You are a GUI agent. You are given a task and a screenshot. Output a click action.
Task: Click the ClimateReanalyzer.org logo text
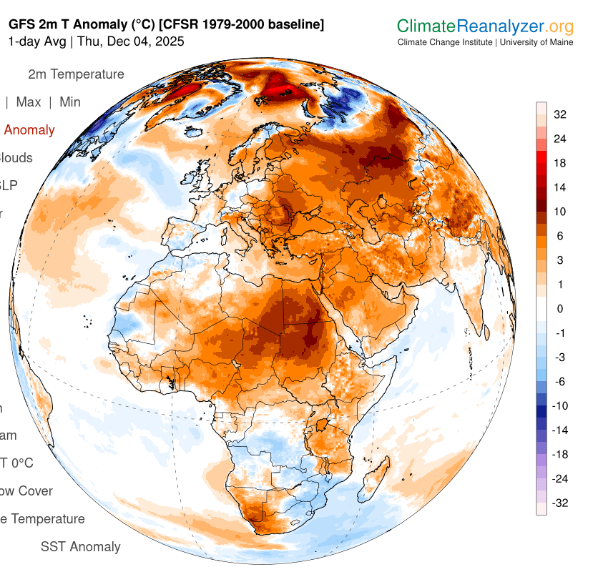coord(485,27)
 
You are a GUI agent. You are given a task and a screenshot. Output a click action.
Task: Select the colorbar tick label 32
coord(560,114)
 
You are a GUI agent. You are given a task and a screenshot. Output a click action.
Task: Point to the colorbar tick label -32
coord(561,503)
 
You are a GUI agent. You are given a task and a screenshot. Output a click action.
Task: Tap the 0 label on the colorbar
coord(560,309)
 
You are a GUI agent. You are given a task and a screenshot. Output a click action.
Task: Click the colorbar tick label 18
coord(560,163)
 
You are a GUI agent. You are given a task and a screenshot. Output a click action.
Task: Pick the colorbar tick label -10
coord(561,405)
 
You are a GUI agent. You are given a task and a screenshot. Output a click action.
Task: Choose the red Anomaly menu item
coord(29,130)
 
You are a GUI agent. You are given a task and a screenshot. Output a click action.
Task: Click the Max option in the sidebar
coord(29,102)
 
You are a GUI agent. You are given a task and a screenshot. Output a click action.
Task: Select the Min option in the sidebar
coord(70,102)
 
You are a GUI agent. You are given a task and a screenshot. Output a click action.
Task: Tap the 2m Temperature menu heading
coord(76,74)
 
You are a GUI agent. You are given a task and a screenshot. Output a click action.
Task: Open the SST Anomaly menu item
coord(80,547)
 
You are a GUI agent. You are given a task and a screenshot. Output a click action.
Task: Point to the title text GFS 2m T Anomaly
coord(64,24)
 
